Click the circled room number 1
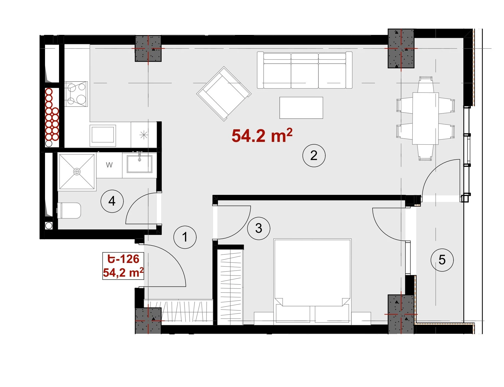click(x=185, y=237)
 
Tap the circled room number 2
click(x=314, y=156)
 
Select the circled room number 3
click(x=259, y=228)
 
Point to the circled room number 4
click(x=112, y=201)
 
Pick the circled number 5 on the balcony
click(x=442, y=260)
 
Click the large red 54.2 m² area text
click(x=262, y=136)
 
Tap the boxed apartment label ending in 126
click(x=123, y=266)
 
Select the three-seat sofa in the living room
click(x=304, y=70)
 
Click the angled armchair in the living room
click(x=224, y=94)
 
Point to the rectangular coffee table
click(x=301, y=108)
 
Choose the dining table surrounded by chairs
click(x=425, y=118)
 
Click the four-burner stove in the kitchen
click(x=76, y=94)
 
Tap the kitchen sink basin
click(x=103, y=134)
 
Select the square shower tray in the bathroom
click(x=77, y=172)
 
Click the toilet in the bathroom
click(x=69, y=211)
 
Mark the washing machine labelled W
click(x=109, y=165)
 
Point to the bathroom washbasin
click(x=139, y=164)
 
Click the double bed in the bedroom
click(x=312, y=281)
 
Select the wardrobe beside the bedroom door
click(x=230, y=287)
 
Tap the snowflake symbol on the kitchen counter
click(x=144, y=135)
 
